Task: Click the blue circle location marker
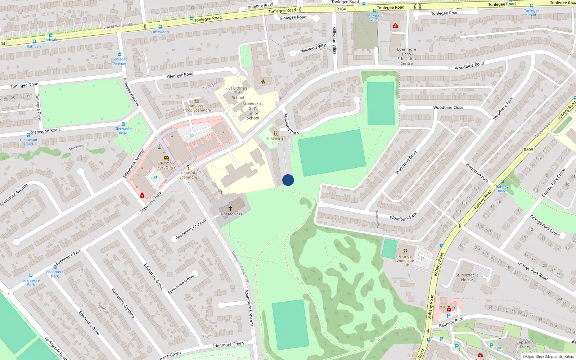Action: [x=288, y=180]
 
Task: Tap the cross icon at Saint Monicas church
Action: [x=230, y=208]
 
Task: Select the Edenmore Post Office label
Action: [x=166, y=165]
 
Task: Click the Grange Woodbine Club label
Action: [x=405, y=261]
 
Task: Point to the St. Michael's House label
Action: [x=467, y=277]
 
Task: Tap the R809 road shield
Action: [x=528, y=149]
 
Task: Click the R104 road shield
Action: [x=341, y=9]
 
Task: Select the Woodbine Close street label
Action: [x=448, y=107]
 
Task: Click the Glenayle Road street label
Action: [x=180, y=75]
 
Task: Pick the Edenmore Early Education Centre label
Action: [x=406, y=57]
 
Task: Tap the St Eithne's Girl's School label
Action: [x=238, y=93]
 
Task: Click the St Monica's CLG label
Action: [x=276, y=141]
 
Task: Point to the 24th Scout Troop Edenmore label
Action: [x=197, y=108]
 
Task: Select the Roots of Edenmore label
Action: [x=188, y=175]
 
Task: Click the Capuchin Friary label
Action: [x=525, y=345]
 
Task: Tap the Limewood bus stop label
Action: [x=160, y=32]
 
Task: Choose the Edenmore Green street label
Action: [x=228, y=345]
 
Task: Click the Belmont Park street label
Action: [x=451, y=323]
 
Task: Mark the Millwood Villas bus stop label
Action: [x=375, y=18]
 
